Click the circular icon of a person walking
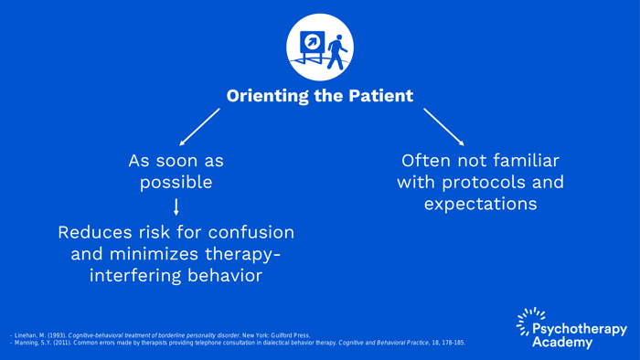point(320,48)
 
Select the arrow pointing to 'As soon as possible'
point(199,127)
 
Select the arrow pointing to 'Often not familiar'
point(443,126)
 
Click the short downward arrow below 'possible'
point(176,206)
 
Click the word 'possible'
point(176,182)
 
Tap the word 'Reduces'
point(95,232)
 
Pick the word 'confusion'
point(251,232)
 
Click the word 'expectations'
point(480,204)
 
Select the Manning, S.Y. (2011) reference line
point(238,343)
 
